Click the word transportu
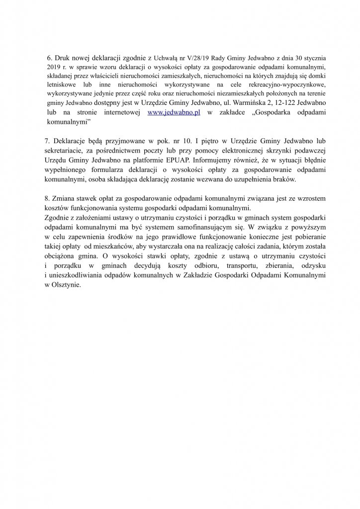pos(228,268)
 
